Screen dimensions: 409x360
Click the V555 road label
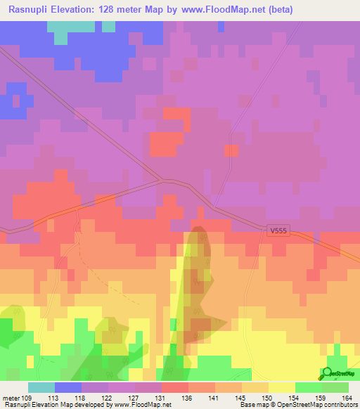coord(278,230)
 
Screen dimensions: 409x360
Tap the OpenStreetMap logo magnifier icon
coord(328,372)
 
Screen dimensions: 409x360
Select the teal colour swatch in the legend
coord(41,387)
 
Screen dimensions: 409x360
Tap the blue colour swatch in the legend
coord(67,387)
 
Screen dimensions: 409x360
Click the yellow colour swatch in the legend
coord(281,387)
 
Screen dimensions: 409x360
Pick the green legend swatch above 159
coord(308,387)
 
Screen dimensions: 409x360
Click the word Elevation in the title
coord(83,10)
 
